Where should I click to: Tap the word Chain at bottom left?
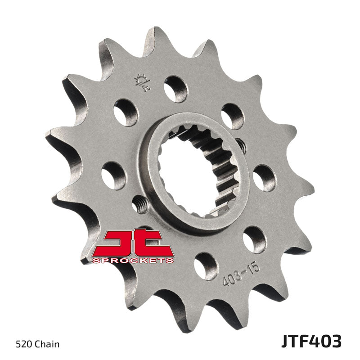click(47, 345)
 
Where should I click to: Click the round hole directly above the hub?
click(175, 89)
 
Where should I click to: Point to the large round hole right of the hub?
click(264, 178)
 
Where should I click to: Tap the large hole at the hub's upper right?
click(232, 116)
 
